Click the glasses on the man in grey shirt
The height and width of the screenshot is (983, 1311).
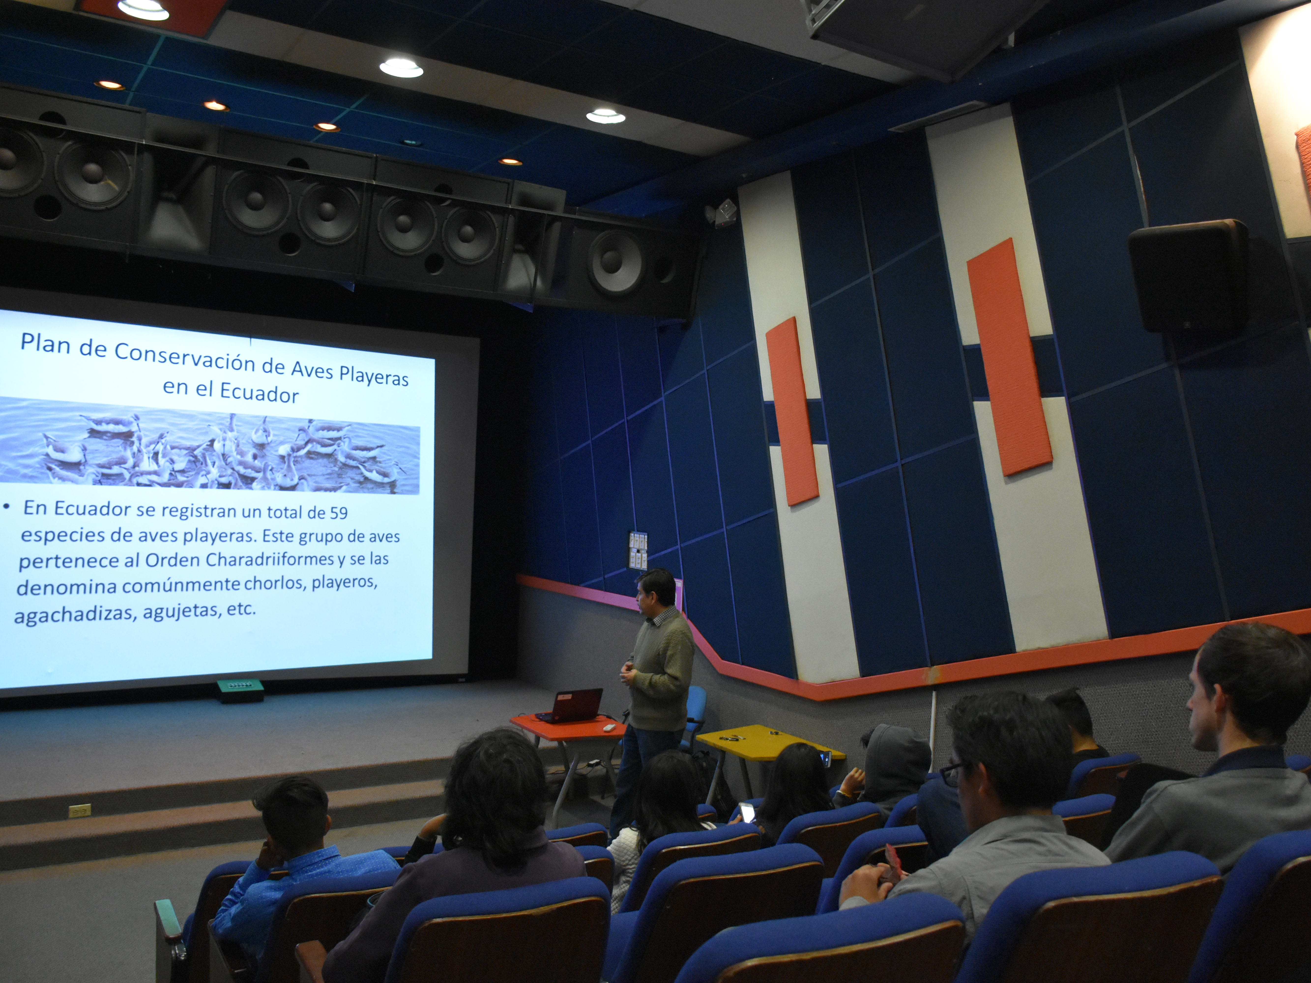(x=952, y=771)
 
